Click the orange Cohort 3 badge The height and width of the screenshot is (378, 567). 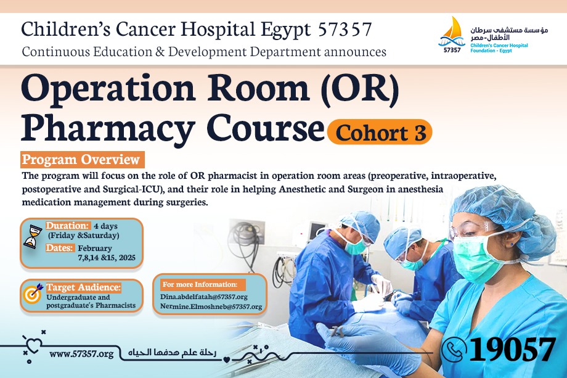[379, 132]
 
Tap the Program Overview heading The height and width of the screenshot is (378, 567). [83, 160]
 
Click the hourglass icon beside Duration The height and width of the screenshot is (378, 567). [33, 236]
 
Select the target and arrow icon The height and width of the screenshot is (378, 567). [33, 293]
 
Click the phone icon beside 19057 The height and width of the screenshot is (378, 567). [454, 349]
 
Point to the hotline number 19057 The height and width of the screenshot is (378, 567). [512, 349]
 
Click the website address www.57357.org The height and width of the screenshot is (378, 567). [82, 354]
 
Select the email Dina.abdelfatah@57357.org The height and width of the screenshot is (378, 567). [204, 297]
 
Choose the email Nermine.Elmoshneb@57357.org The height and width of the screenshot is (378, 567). [211, 306]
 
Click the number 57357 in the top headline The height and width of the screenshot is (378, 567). [345, 30]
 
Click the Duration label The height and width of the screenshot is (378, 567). [67, 226]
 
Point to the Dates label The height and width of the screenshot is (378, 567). [60, 248]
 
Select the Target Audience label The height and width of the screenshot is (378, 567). [84, 287]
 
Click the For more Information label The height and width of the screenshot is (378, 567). [200, 284]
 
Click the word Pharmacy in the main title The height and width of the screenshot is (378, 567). [108, 128]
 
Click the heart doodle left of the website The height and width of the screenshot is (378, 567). [33, 345]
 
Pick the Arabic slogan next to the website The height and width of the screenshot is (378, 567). [172, 352]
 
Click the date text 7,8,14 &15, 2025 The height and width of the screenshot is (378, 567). [107, 258]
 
